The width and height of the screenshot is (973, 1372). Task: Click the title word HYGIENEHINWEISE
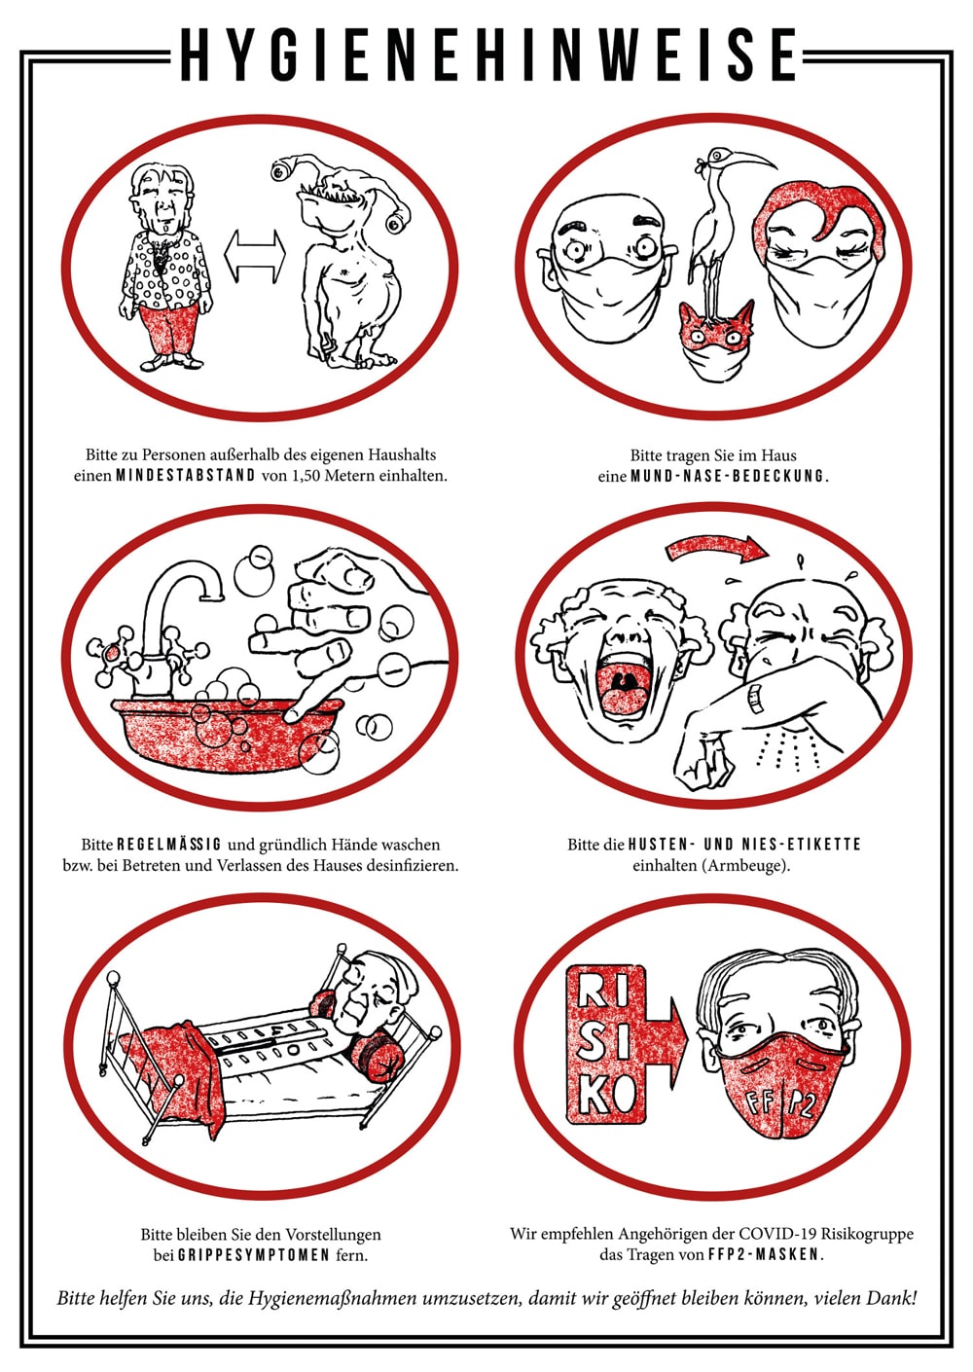(489, 55)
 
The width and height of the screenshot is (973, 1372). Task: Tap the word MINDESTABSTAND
(186, 476)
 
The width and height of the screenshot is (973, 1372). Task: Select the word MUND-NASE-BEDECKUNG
(730, 476)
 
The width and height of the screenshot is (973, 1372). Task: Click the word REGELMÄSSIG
(169, 845)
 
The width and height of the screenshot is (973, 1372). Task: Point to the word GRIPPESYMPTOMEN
(254, 1255)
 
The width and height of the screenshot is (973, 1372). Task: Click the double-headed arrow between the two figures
(255, 257)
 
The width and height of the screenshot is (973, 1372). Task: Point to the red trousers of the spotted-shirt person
(169, 331)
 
